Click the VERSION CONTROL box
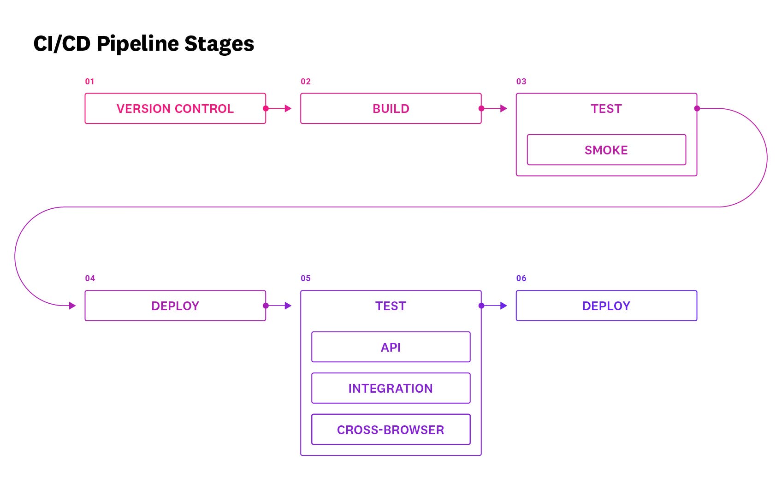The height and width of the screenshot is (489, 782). (175, 109)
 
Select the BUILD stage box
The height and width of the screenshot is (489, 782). (391, 109)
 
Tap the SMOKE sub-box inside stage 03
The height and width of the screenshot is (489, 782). (606, 150)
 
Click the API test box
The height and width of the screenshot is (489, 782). (391, 347)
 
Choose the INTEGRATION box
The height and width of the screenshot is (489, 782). (391, 388)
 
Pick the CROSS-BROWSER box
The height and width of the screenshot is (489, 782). (391, 430)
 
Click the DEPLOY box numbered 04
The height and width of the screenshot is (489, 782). (175, 306)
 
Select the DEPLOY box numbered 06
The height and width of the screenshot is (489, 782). (606, 306)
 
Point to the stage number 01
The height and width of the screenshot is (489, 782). (89, 82)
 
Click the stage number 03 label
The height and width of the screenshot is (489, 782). (521, 82)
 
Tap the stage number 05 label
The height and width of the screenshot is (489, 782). (306, 278)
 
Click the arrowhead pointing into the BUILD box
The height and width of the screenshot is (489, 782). (288, 109)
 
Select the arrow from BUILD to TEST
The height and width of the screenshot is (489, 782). (494, 109)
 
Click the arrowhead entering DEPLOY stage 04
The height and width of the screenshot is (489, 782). (72, 306)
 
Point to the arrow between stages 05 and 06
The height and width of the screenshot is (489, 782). (494, 306)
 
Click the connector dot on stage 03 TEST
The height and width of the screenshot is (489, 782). (697, 109)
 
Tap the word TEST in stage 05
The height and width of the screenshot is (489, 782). (391, 306)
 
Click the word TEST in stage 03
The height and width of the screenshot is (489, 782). (606, 109)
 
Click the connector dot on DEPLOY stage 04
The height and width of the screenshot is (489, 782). (266, 306)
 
